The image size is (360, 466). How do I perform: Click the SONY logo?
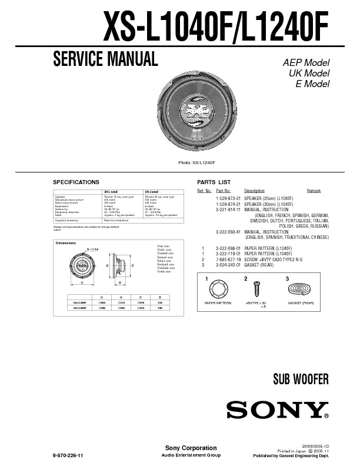point(276,410)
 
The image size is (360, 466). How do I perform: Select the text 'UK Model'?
point(308,74)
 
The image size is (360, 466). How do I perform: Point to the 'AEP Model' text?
point(306,63)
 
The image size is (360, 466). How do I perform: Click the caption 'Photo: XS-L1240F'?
point(196,162)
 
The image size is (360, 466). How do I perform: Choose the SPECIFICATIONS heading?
point(76,182)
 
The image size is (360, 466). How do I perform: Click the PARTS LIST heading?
point(214,182)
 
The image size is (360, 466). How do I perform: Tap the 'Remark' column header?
point(314,191)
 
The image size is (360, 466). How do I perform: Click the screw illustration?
point(256,289)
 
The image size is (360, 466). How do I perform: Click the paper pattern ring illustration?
point(218,289)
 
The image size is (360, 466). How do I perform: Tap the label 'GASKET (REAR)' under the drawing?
point(301,302)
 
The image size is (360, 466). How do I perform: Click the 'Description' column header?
point(254,191)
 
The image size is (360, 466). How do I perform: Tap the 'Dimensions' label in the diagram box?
point(65,243)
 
